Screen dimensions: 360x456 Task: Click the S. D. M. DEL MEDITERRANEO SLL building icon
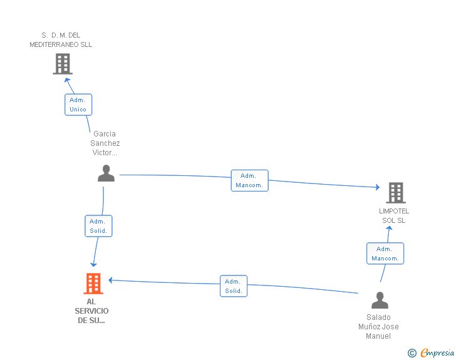pyautogui.click(x=63, y=64)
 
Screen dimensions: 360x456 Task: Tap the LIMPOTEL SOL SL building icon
pyautogui.click(x=396, y=193)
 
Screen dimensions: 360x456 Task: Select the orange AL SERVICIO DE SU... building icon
pyautogui.click(x=93, y=284)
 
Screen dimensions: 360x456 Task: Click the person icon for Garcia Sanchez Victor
pyautogui.click(x=106, y=173)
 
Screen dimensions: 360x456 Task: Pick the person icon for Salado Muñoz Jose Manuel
pyautogui.click(x=380, y=301)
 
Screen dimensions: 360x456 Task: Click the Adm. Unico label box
pyautogui.click(x=78, y=105)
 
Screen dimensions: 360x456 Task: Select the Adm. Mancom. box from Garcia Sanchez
pyautogui.click(x=249, y=180)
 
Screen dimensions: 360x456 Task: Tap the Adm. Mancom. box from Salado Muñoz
pyautogui.click(x=385, y=254)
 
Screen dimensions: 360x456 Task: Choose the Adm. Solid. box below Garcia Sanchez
pyautogui.click(x=98, y=226)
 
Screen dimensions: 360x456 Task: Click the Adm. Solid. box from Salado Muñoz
pyautogui.click(x=234, y=286)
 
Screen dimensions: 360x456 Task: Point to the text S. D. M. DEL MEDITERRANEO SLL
pyautogui.click(x=61, y=40)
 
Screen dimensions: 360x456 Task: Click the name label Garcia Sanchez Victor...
pyautogui.click(x=105, y=143)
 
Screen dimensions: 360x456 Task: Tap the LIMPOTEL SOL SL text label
pyautogui.click(x=394, y=215)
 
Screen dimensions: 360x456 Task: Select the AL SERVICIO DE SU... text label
pyautogui.click(x=91, y=311)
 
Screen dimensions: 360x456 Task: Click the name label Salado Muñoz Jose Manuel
pyautogui.click(x=378, y=327)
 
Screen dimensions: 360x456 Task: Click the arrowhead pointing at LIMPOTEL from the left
pyautogui.click(x=377, y=187)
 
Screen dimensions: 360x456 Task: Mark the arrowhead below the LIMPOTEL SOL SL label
pyautogui.click(x=389, y=229)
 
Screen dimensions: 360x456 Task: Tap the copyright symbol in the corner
pyautogui.click(x=412, y=354)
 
